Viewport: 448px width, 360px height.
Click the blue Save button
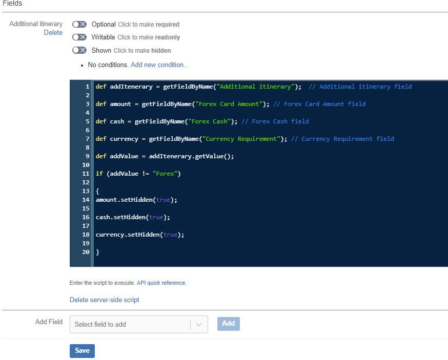tap(82, 351)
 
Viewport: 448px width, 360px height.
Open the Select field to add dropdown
tap(138, 324)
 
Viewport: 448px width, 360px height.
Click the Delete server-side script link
tap(104, 300)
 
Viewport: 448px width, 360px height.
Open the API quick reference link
tap(161, 283)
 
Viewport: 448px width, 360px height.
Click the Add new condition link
tap(159, 65)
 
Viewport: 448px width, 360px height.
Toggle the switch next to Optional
tap(79, 24)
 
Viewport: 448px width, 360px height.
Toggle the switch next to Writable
tap(79, 37)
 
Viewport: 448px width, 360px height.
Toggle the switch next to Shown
tap(79, 50)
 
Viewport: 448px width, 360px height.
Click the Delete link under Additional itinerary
tap(53, 33)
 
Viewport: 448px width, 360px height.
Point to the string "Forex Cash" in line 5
tap(209, 121)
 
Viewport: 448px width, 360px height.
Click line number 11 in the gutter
tap(86, 174)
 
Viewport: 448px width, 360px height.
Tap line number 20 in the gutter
tap(86, 252)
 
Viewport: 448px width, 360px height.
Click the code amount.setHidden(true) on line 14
tap(136, 200)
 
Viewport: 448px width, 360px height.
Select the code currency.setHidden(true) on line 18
tap(139, 235)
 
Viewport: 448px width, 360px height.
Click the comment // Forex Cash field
tap(275, 121)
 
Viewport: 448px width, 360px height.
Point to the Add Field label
tap(49, 322)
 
